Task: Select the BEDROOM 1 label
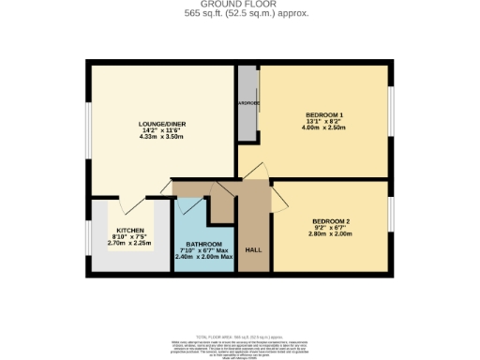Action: (x=324, y=115)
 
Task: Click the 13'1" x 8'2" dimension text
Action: (x=324, y=122)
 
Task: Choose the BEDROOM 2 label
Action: (x=330, y=221)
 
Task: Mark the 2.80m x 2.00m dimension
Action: (x=330, y=234)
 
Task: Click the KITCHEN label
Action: (x=129, y=231)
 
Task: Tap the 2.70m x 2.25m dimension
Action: (x=129, y=243)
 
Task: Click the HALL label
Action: (x=253, y=250)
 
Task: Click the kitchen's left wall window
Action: (x=89, y=240)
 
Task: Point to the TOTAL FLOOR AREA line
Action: (x=239, y=336)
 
